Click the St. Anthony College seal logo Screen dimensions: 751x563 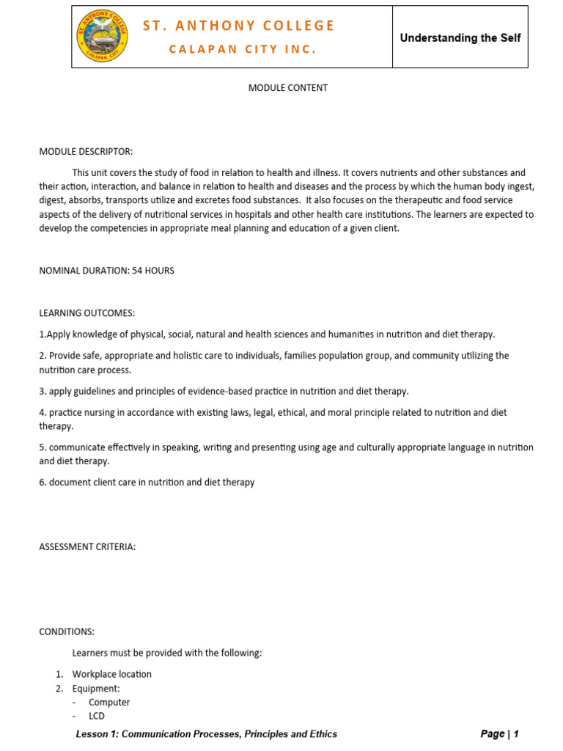[x=101, y=37]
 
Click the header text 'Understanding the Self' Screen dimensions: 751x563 [x=460, y=37]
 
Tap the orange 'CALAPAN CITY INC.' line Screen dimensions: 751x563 [x=243, y=49]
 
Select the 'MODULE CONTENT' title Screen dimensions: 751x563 [x=288, y=88]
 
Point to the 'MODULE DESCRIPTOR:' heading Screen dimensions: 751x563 [x=86, y=152]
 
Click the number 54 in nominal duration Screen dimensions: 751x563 [x=137, y=271]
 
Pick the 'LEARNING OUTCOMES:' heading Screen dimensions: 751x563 [x=87, y=313]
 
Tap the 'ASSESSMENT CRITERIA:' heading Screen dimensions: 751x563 [x=87, y=547]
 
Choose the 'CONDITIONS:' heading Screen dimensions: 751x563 [x=67, y=631]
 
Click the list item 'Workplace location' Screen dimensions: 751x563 [x=111, y=674]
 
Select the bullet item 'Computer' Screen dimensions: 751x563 [x=109, y=702]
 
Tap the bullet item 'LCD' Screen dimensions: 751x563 [x=97, y=716]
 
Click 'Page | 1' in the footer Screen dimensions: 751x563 [x=499, y=733]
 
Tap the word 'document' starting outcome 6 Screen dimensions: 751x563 [x=69, y=483]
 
